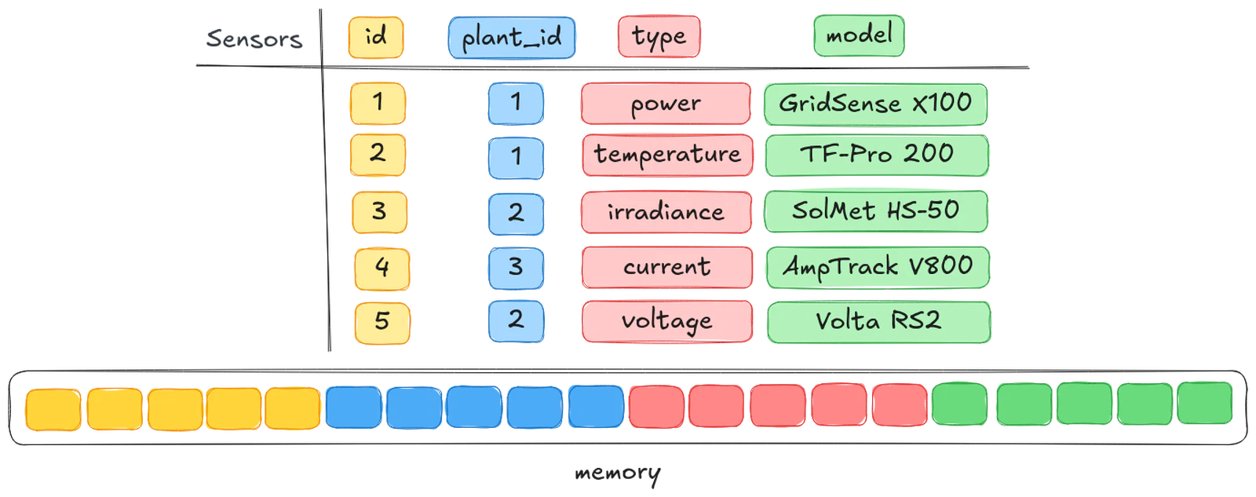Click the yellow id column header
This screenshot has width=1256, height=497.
[x=375, y=37]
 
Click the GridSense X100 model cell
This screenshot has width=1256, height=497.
[x=874, y=104]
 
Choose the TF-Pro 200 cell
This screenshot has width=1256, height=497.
[x=876, y=155]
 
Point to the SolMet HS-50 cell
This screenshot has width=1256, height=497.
[x=875, y=211]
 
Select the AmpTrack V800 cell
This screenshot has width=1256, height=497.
[x=877, y=267]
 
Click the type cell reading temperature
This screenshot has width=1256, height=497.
[x=666, y=155]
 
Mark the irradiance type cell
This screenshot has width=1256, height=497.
[x=666, y=212]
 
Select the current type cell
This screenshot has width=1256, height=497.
[x=666, y=267]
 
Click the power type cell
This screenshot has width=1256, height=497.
[x=665, y=104]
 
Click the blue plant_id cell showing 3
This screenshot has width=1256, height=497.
[x=515, y=268]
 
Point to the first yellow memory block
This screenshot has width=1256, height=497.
[x=53, y=408]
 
